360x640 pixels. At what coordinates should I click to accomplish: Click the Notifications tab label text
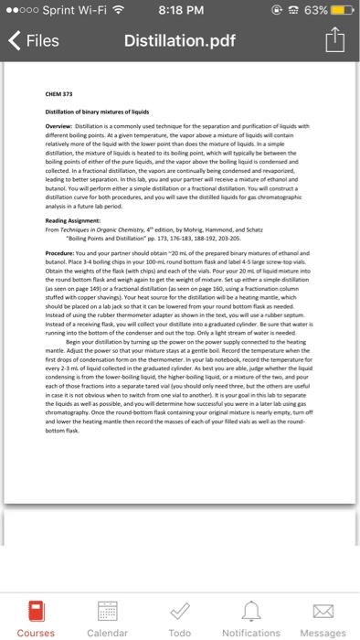pyautogui.click(x=251, y=631)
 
